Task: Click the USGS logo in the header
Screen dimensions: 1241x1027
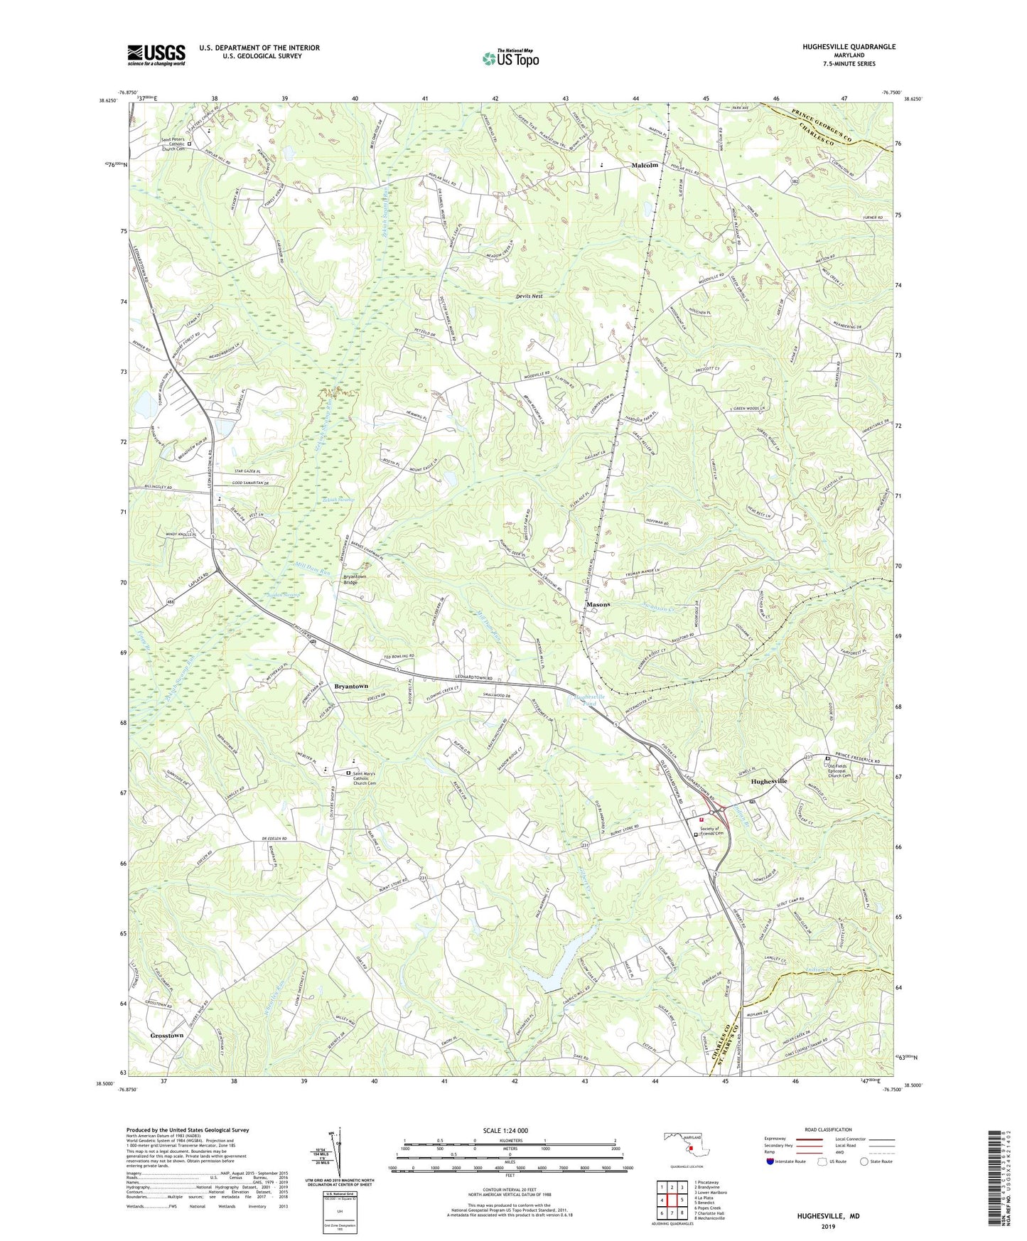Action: coord(156,55)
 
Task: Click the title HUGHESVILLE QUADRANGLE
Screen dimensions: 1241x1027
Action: coord(839,47)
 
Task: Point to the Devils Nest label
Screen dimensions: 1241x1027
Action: coord(529,296)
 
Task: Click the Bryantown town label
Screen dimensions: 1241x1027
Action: coord(351,686)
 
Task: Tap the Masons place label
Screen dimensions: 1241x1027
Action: coord(598,604)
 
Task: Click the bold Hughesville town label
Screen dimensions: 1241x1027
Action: coord(769,781)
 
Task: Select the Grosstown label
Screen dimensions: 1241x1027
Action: coord(167,1036)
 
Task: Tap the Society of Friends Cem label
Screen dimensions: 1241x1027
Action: coord(720,832)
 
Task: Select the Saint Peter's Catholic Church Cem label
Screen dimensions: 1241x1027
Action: coord(173,144)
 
